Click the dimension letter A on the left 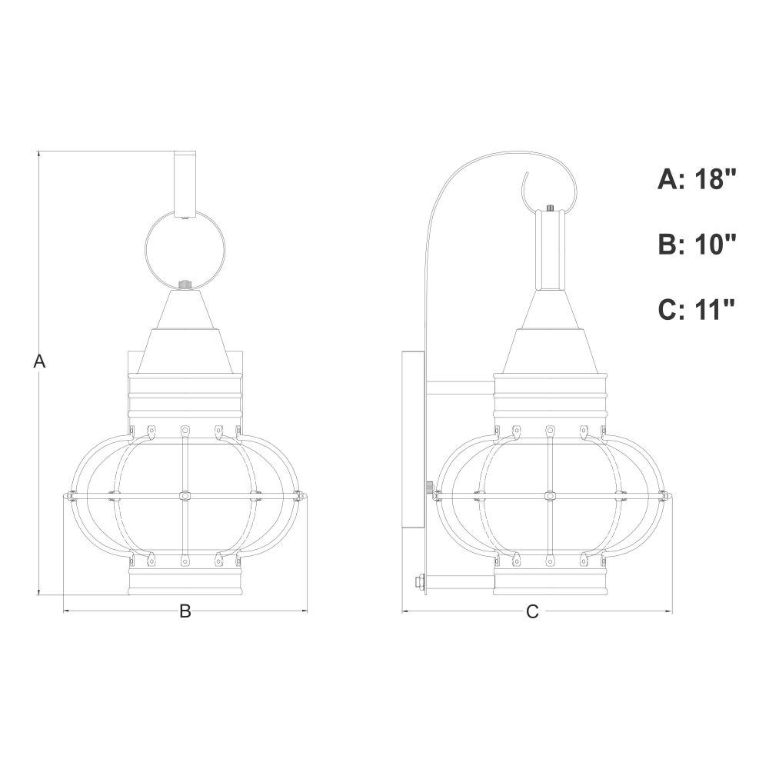click(39, 361)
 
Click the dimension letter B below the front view click(185, 611)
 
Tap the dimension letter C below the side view click(532, 611)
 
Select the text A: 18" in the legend click(697, 179)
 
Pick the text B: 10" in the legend click(697, 244)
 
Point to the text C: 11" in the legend click(697, 309)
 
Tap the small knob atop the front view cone click(185, 285)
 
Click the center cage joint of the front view click(185, 496)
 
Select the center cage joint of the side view click(550, 496)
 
